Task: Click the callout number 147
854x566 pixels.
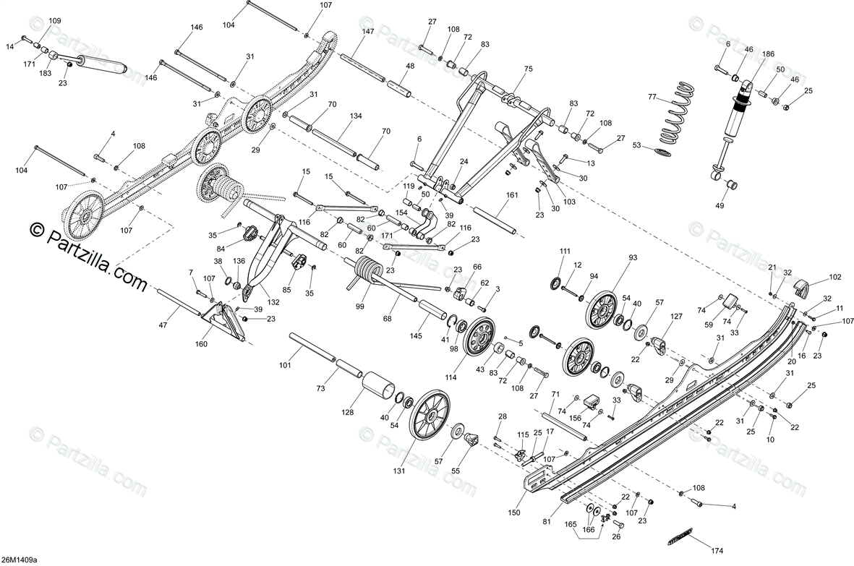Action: pyautogui.click(x=368, y=32)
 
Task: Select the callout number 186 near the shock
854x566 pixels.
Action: pyautogui.click(x=768, y=55)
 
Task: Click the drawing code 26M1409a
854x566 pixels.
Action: pyautogui.click(x=20, y=559)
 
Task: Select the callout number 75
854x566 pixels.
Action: pyautogui.click(x=528, y=69)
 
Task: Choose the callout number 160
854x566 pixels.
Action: pyautogui.click(x=201, y=344)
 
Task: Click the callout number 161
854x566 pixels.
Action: pyautogui.click(x=512, y=196)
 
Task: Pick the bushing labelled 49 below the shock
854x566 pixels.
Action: pyautogui.click(x=730, y=183)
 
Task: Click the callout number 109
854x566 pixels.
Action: pyautogui.click(x=55, y=21)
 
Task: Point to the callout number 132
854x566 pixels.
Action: pyautogui.click(x=273, y=301)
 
